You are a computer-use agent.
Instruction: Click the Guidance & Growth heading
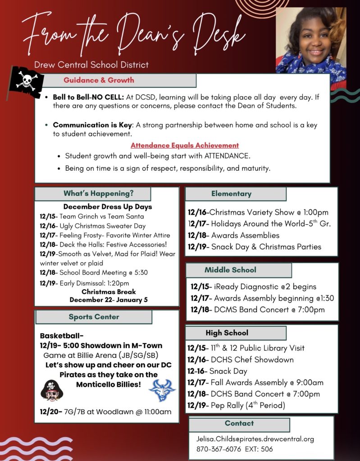pyautogui.click(x=99, y=80)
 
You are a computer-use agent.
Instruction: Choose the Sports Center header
pyautogui.click(x=94, y=317)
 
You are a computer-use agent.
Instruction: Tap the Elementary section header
pyautogui.click(x=232, y=194)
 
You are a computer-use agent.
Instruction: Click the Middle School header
pyautogui.click(x=230, y=270)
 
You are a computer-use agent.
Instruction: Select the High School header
pyautogui.click(x=227, y=333)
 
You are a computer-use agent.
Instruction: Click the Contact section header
pyautogui.click(x=239, y=424)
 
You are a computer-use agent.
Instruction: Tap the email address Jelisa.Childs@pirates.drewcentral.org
pyautogui.click(x=255, y=438)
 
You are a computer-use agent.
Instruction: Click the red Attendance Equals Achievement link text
pyautogui.click(x=185, y=145)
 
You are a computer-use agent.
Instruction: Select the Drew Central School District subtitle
pyautogui.click(x=91, y=65)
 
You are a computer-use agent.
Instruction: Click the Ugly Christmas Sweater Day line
pyautogui.click(x=92, y=226)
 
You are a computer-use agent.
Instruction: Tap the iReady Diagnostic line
pyautogui.click(x=253, y=287)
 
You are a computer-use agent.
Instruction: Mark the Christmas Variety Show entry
pyautogui.click(x=258, y=212)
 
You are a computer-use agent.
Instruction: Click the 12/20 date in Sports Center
pyautogui.click(x=50, y=412)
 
